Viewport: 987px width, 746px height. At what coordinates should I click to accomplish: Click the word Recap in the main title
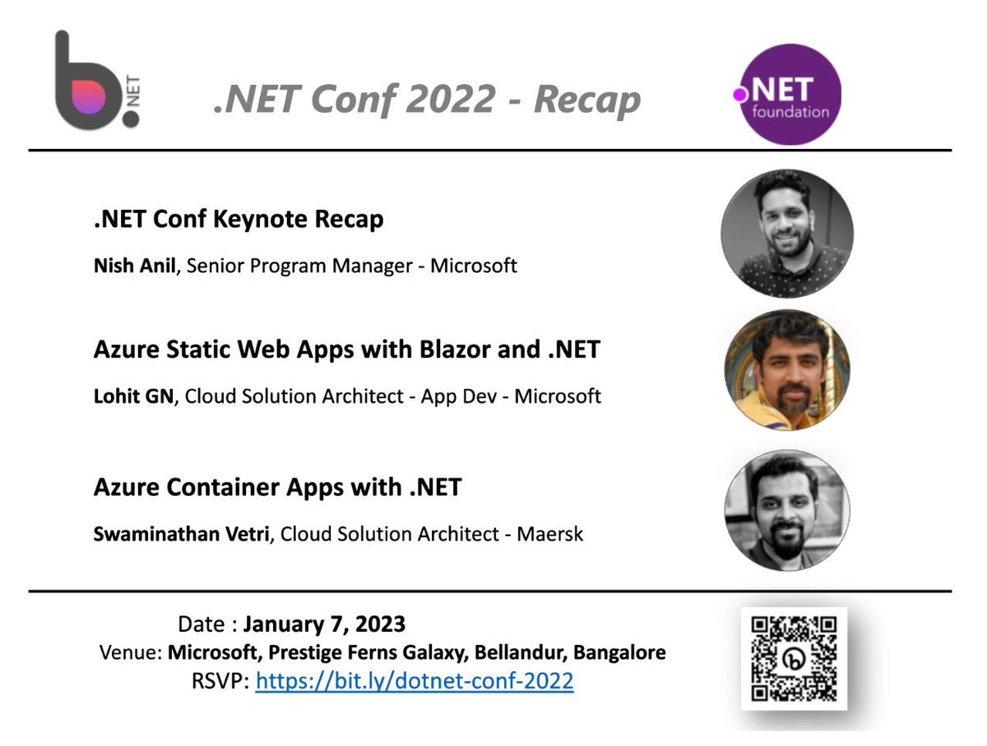(x=586, y=100)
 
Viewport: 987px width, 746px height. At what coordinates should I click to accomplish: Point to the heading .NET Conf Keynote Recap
(x=239, y=220)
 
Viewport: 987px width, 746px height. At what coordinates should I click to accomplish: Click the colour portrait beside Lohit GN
(x=787, y=369)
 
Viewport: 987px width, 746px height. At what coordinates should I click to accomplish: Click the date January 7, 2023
(x=324, y=624)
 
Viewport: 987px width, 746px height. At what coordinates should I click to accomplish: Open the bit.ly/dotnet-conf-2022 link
(x=415, y=682)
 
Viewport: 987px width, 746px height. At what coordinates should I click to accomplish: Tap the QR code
(x=794, y=658)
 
